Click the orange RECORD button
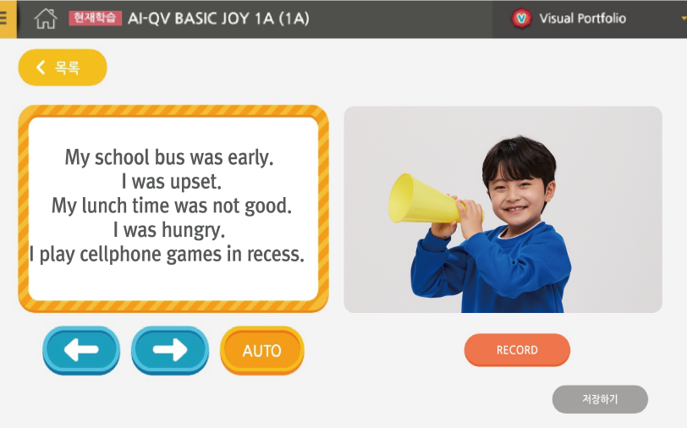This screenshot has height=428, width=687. (517, 349)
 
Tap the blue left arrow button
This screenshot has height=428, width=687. (81, 350)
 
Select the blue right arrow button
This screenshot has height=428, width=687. (170, 350)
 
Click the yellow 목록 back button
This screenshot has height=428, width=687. (63, 68)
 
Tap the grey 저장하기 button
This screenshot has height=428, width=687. (600, 399)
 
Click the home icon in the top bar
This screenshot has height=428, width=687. (46, 19)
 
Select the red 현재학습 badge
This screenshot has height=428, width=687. (95, 18)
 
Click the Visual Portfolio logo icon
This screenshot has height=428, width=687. (521, 19)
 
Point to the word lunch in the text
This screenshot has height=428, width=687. (105, 206)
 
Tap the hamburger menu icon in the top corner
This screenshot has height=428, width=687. (3, 19)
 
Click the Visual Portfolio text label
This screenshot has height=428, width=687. (582, 19)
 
